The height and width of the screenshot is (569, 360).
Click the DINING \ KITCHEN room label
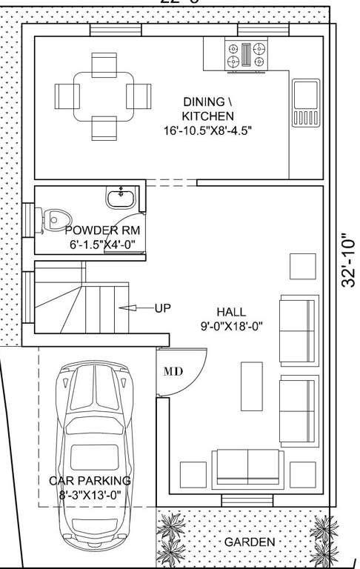(x=208, y=108)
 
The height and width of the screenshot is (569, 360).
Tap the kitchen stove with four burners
(x=246, y=55)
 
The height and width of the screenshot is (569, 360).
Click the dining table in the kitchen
(x=103, y=96)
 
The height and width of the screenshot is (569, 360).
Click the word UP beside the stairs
(x=162, y=307)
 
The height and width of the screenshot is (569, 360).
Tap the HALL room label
(x=231, y=312)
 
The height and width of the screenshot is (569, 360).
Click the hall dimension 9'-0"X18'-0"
(x=231, y=325)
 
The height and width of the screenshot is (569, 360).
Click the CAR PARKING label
(x=90, y=481)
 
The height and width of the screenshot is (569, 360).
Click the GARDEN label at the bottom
(x=249, y=542)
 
